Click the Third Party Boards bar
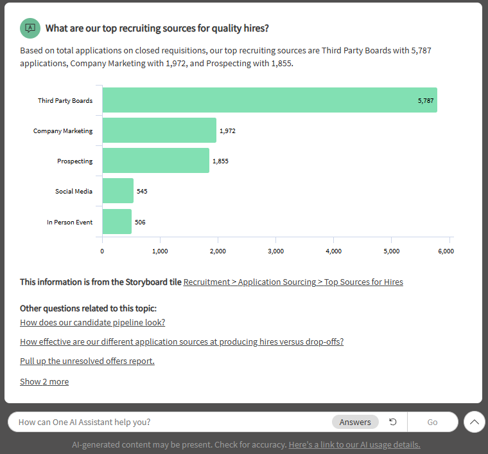[x=269, y=100]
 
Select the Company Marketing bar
[x=159, y=131]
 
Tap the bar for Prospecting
[x=155, y=161]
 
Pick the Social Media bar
[x=118, y=191]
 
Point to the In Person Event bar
[x=116, y=222]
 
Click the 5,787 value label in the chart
[x=425, y=101]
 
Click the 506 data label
[x=140, y=222]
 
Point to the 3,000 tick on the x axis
[x=275, y=251]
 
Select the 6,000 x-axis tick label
[x=446, y=251]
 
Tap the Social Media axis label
[x=74, y=192]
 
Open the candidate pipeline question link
[x=92, y=322]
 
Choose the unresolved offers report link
[x=87, y=361]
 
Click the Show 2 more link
[x=44, y=381]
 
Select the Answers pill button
[x=355, y=422]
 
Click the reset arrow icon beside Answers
[x=393, y=422]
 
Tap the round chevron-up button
[x=474, y=422]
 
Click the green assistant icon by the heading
[x=30, y=28]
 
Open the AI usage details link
[x=354, y=444]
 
